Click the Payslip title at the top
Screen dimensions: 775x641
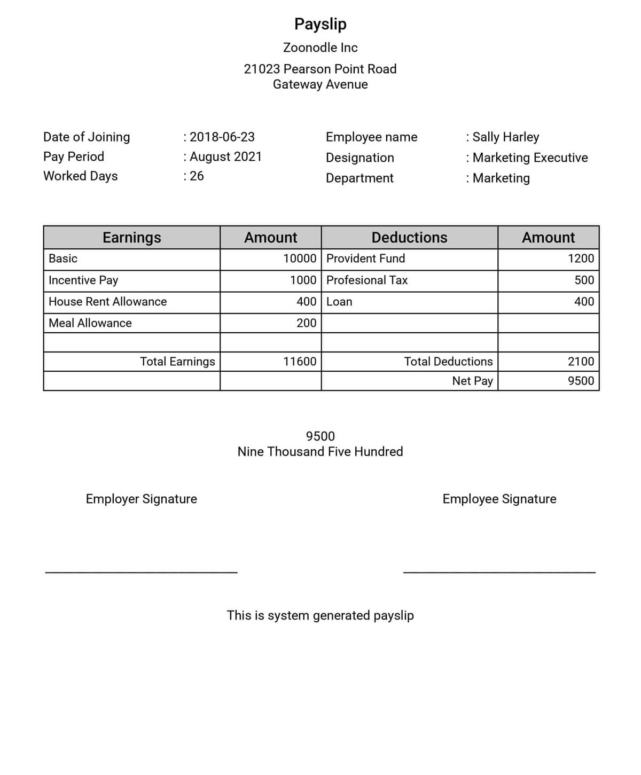click(320, 24)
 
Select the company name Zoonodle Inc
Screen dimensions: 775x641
click(320, 48)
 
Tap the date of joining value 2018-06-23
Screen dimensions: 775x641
click(222, 137)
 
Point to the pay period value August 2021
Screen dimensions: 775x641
click(226, 156)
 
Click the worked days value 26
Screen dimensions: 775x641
click(197, 176)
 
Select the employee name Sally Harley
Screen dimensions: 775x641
click(505, 137)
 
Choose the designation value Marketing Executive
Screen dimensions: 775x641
click(530, 158)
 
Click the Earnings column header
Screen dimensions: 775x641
click(131, 237)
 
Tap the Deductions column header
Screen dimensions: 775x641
click(409, 237)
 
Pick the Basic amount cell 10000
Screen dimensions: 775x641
click(300, 259)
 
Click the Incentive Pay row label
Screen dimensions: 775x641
click(83, 280)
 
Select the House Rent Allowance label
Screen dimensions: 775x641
click(107, 302)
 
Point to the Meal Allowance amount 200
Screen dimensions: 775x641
click(307, 323)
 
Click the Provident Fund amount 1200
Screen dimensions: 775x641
click(581, 259)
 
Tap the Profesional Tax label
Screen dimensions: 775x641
click(367, 280)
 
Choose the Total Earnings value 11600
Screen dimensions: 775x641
click(300, 362)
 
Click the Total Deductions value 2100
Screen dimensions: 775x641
click(581, 362)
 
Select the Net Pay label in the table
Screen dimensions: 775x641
click(472, 381)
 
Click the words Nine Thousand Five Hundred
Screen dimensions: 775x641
click(320, 452)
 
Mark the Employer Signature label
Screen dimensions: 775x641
click(142, 499)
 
